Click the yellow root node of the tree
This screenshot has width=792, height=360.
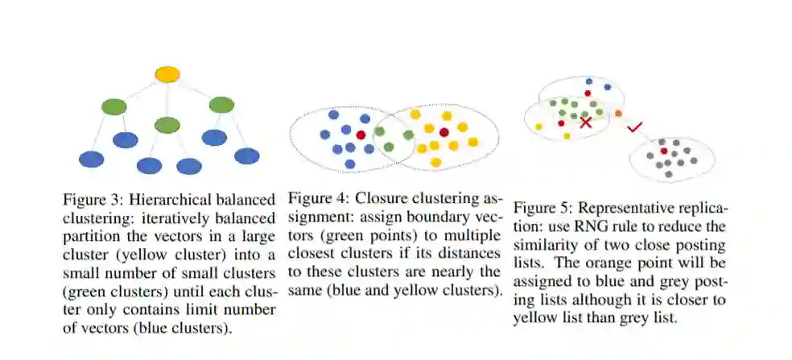click(167, 74)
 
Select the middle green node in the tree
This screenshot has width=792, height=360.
click(167, 125)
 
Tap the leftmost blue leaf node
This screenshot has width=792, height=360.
click(92, 159)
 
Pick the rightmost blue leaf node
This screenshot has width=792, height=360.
click(246, 155)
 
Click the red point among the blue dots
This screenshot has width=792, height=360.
click(361, 134)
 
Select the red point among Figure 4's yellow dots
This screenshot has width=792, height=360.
click(443, 132)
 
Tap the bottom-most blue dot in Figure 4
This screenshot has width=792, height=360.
click(350, 163)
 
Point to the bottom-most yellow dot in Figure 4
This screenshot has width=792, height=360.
click(435, 162)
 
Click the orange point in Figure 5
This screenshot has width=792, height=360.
click(618, 114)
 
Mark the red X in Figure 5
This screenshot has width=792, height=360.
click(586, 122)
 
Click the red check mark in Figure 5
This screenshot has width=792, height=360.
click(634, 126)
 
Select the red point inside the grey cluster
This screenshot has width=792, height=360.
click(663, 151)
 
